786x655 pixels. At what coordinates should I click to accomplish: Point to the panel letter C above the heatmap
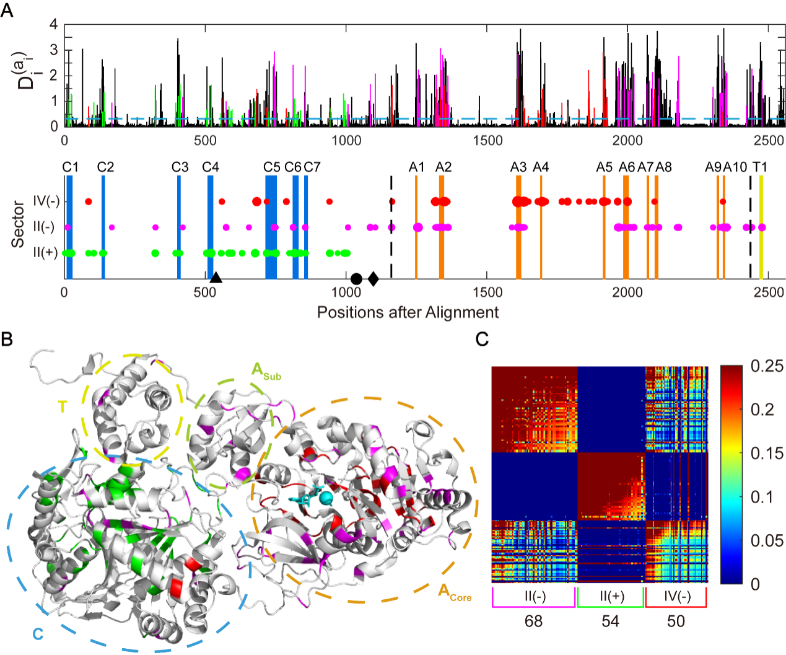pos(483,340)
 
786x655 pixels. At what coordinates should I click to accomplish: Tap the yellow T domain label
pos(62,407)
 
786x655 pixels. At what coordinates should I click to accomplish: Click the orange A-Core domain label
pos(455,592)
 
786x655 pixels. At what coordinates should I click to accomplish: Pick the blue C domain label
pos(38,634)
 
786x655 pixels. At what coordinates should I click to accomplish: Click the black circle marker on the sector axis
pos(356,278)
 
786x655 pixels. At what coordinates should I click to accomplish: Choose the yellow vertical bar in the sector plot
pos(761,227)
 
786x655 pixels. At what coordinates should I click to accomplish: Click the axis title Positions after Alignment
pos(408,312)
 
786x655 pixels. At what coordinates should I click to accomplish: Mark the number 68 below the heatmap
pos(533,621)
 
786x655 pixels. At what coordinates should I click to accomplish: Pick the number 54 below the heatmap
pos(610,621)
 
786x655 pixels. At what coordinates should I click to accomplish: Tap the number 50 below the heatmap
pos(676,621)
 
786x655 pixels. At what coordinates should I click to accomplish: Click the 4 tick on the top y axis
pos(53,25)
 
